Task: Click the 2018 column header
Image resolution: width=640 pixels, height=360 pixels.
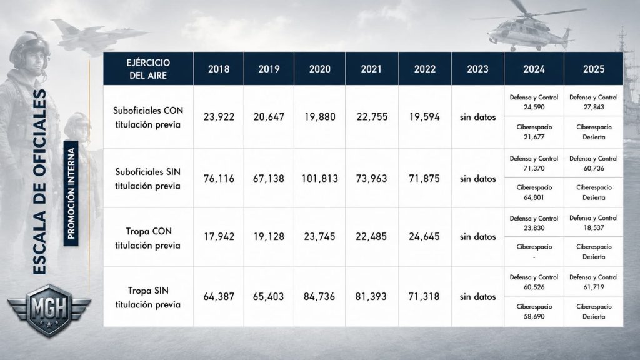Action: click(219, 69)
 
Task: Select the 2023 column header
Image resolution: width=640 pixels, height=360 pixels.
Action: click(477, 69)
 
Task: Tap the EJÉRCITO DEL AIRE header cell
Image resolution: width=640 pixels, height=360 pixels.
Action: click(148, 69)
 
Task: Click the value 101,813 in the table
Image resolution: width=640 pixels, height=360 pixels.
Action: click(319, 178)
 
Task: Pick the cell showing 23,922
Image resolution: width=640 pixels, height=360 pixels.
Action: click(219, 117)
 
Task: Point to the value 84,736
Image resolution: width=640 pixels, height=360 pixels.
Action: click(319, 296)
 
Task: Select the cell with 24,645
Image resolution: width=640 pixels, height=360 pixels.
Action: click(424, 236)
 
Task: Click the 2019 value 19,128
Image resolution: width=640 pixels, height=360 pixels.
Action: click(269, 236)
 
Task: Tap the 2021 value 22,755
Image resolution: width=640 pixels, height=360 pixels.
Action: click(372, 117)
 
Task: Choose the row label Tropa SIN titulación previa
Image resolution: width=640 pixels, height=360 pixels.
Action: click(147, 297)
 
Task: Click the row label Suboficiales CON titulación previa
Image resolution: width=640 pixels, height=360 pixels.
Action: click(147, 117)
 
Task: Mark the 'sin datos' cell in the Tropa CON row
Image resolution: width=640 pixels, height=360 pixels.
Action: click(477, 236)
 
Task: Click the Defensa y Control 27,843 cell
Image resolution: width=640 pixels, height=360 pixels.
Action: click(594, 102)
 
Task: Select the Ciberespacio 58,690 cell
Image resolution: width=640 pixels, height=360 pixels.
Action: click(534, 311)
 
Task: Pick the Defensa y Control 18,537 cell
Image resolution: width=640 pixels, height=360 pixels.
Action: click(594, 223)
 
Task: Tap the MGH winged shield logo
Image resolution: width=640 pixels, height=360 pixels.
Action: click(49, 311)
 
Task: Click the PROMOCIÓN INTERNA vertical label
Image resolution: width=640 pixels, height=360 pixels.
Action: click(71, 193)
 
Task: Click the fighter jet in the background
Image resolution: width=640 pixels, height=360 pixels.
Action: click(98, 36)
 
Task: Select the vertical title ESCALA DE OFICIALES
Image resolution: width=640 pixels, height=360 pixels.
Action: click(39, 182)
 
